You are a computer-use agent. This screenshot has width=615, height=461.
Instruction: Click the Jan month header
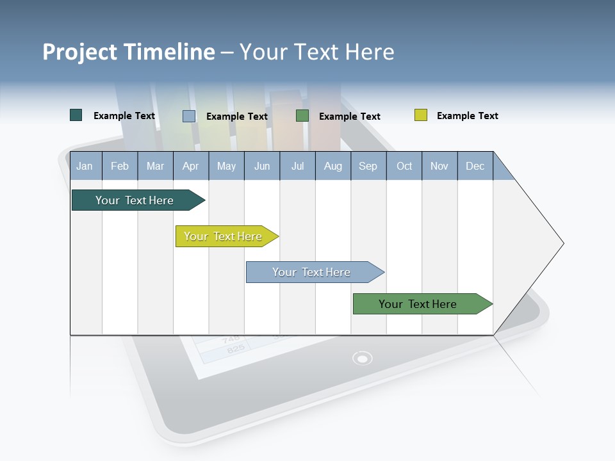click(x=85, y=166)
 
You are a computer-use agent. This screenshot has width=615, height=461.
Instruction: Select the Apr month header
click(x=190, y=166)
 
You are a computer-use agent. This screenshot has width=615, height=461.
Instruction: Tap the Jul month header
click(x=297, y=166)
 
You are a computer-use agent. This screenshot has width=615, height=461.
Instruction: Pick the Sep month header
click(x=368, y=166)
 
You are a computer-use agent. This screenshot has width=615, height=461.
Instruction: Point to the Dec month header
click(x=475, y=166)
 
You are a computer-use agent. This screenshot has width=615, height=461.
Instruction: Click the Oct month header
click(x=404, y=166)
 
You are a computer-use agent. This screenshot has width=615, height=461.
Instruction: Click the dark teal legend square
click(x=76, y=115)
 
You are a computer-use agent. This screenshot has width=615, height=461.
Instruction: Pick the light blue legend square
click(x=188, y=116)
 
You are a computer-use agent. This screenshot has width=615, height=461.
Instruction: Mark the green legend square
click(x=302, y=116)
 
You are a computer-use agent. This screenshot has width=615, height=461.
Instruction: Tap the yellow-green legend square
click(x=420, y=115)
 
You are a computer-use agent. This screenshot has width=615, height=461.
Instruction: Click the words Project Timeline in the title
click(x=128, y=52)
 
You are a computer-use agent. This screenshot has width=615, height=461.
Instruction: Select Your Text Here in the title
click(x=316, y=52)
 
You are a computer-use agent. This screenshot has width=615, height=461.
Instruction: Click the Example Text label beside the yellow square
click(x=467, y=116)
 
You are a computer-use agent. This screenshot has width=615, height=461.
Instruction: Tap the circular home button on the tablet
click(x=362, y=358)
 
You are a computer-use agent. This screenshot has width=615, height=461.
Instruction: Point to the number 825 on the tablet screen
click(x=235, y=349)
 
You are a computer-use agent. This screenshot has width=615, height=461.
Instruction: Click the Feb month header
click(x=119, y=166)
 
